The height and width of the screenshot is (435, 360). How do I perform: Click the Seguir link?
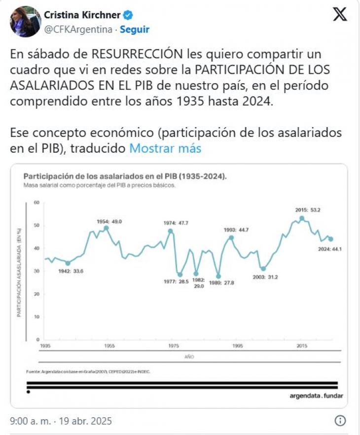(x=135, y=30)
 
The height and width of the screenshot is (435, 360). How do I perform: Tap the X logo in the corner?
(x=340, y=15)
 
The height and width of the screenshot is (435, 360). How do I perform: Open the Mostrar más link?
(x=165, y=148)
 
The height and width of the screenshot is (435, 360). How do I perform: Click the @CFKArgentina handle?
(x=78, y=30)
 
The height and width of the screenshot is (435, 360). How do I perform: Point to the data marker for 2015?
(x=302, y=218)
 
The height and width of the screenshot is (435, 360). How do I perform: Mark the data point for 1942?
(x=68, y=263)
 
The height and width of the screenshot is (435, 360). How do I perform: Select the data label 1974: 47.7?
(x=176, y=223)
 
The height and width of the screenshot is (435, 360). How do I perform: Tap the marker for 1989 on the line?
(x=218, y=276)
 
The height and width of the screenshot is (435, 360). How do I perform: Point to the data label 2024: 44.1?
(x=330, y=249)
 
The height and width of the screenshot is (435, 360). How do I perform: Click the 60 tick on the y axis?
(x=36, y=202)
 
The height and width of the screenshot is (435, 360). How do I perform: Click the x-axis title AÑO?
(x=189, y=356)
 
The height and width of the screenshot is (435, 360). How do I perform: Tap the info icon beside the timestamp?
(x=340, y=421)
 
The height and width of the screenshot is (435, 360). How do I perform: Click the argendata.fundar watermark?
(x=316, y=396)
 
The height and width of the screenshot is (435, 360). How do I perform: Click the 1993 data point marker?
(x=231, y=237)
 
